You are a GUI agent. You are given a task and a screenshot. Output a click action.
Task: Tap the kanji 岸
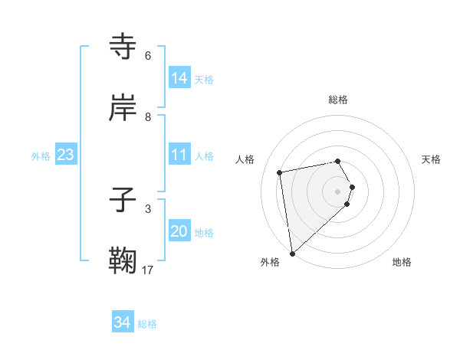[124, 108]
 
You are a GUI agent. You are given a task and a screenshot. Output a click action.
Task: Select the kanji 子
[124, 201]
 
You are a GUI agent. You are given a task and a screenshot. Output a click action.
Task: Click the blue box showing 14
[179, 78]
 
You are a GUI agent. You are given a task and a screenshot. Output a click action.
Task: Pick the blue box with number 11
[179, 155]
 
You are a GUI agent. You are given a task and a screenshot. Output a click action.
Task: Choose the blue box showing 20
[179, 231]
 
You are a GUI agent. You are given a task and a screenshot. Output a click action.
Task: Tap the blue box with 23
[66, 155]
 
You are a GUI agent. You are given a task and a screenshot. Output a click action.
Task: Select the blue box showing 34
[123, 323]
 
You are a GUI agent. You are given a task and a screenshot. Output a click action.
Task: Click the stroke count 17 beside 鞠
[148, 270]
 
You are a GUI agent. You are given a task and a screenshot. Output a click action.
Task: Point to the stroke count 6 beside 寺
[148, 56]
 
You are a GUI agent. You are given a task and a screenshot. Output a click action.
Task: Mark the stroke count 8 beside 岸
[148, 116]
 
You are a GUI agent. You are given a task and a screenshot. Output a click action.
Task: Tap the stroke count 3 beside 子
[148, 208]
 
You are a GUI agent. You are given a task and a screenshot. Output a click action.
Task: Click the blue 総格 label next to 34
[147, 324]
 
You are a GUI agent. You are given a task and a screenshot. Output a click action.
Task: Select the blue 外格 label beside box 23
[41, 155]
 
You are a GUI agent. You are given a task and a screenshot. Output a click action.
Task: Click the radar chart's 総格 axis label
[338, 100]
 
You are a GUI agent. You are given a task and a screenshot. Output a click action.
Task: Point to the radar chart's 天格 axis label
[432, 159]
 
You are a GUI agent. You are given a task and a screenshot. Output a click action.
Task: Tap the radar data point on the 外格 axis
[292, 253]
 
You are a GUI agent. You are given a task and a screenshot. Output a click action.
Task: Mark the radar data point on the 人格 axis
[280, 172]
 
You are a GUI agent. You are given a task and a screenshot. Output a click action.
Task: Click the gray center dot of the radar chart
[338, 191]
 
